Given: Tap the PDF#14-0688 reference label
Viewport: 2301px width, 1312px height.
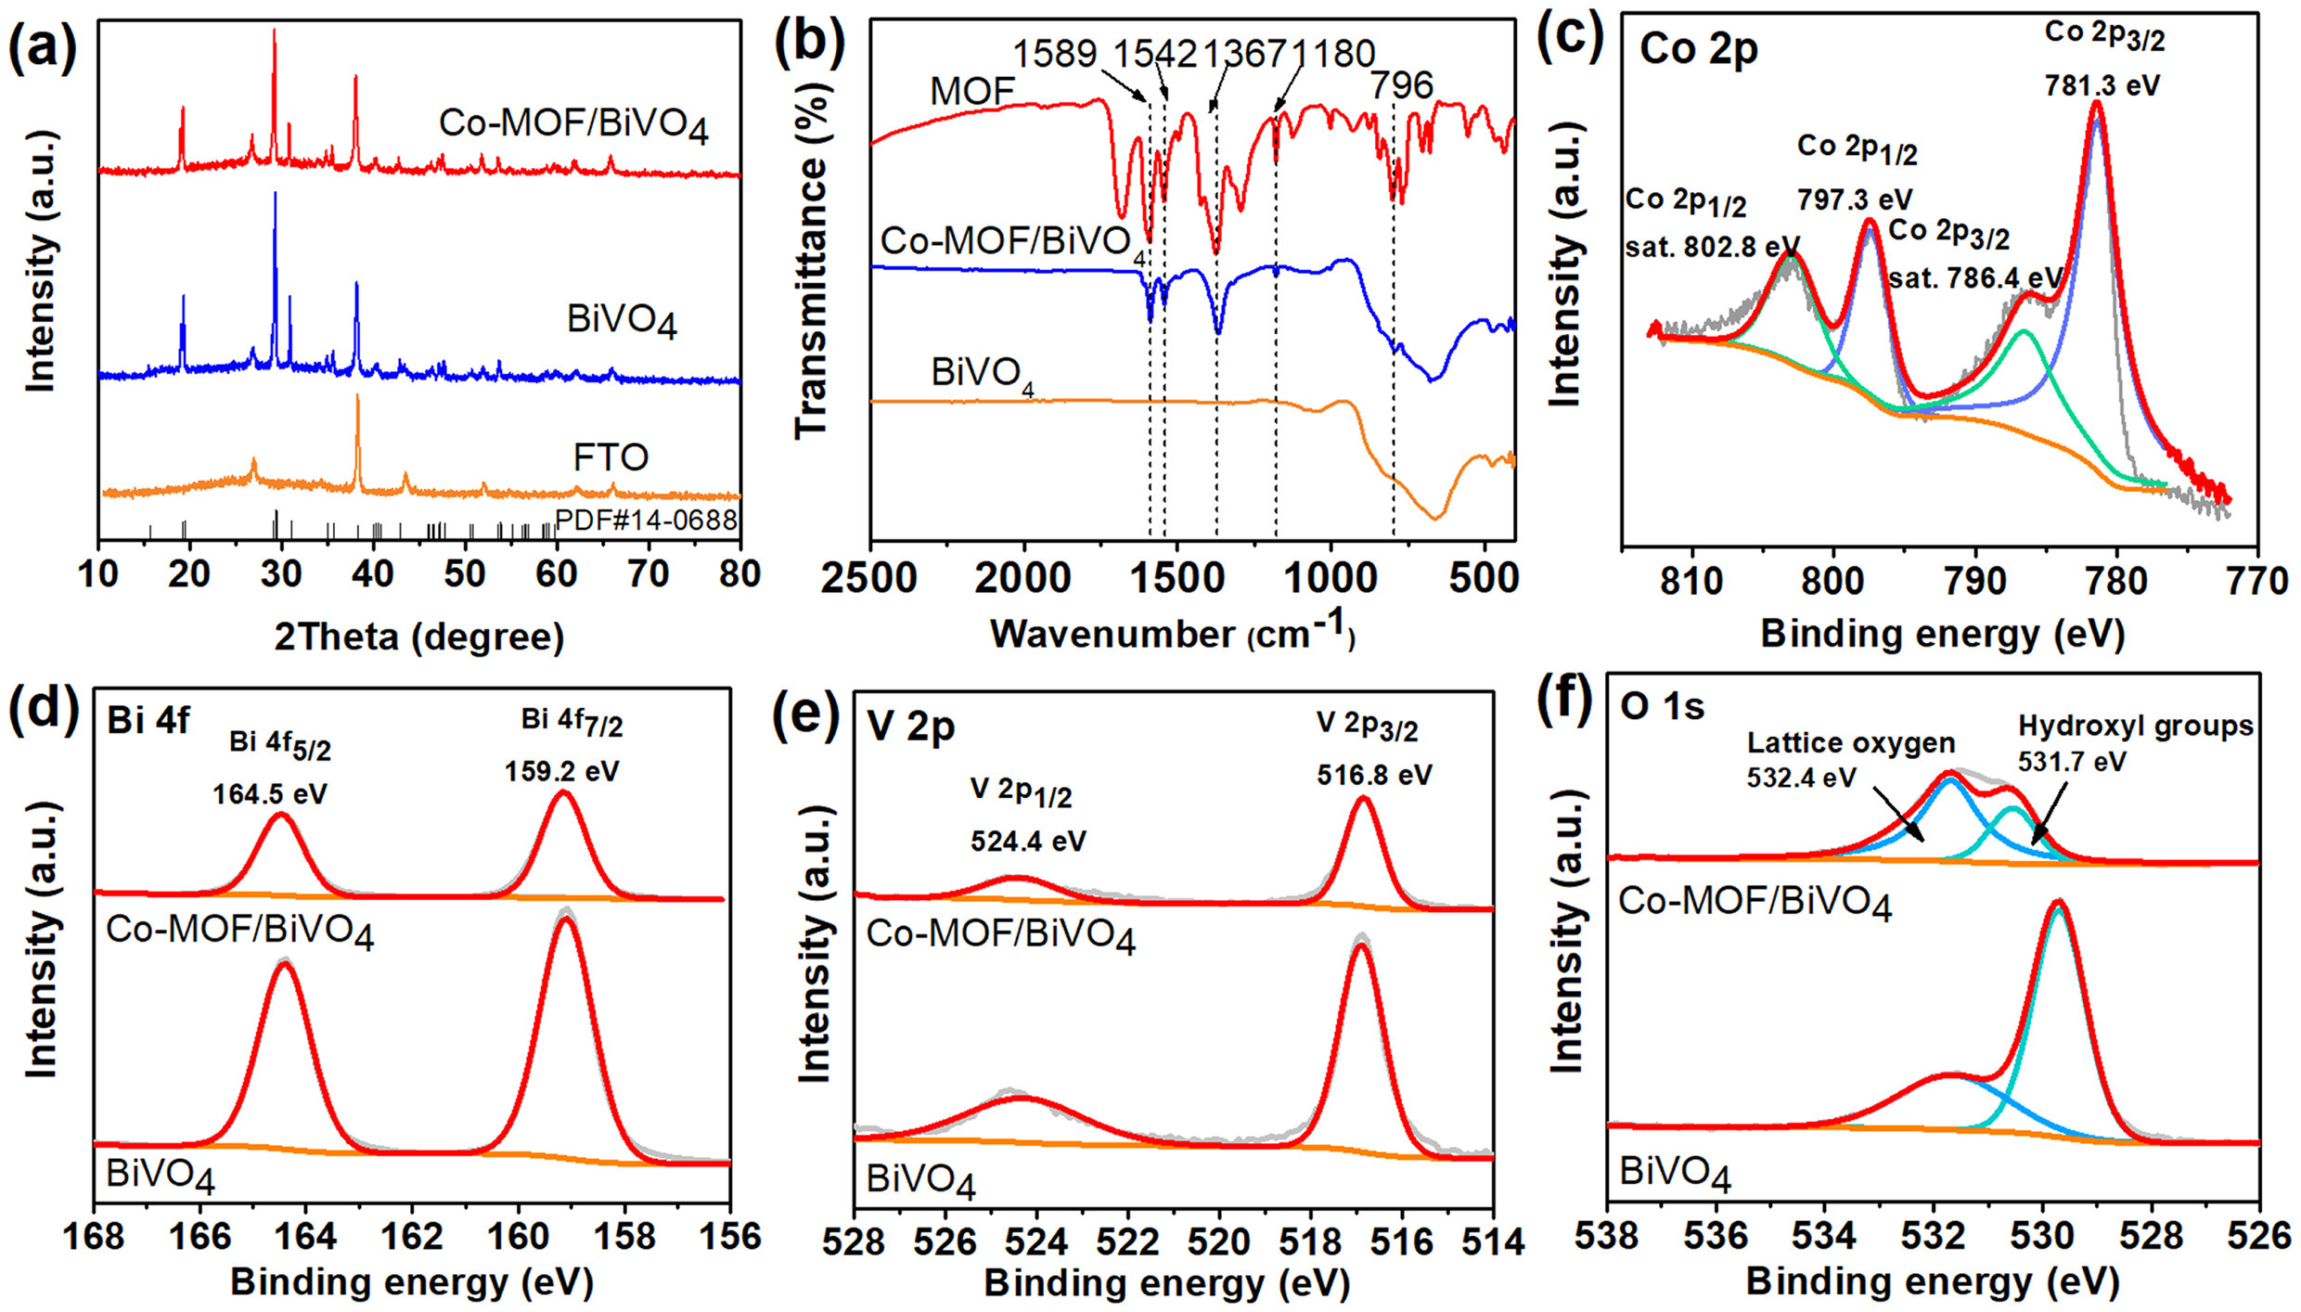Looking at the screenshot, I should coord(646,520).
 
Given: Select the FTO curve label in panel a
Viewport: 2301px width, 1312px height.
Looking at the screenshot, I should coord(611,457).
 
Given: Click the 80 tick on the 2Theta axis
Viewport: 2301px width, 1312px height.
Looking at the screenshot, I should coord(739,574).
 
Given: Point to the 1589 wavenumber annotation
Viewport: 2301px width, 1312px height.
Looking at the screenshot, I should coord(1055,54).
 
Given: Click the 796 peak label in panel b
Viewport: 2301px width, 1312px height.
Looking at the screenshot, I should coord(1402,85).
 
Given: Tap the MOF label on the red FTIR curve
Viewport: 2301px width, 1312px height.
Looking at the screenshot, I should coord(971,91).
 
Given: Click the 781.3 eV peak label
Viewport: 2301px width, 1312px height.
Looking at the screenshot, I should coord(2102,85).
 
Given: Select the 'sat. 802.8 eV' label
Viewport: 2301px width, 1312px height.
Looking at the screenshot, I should coord(1712,248).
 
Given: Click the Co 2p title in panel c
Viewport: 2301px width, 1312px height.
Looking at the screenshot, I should coord(1698,48).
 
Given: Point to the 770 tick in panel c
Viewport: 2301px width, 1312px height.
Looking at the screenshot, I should coord(2258,582).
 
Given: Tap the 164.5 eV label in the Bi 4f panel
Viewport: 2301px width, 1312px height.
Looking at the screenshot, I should coord(270,794).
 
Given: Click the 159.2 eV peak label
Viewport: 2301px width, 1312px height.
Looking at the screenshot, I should coord(562,771).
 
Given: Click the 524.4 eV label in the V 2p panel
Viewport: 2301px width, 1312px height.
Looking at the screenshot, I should coord(1028,841).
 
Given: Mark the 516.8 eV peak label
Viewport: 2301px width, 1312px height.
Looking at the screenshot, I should coord(1374,774).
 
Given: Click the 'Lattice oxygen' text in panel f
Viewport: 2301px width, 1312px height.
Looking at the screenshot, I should coord(1851,742).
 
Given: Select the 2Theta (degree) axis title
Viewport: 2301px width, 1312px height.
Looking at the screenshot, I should coord(419,637).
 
